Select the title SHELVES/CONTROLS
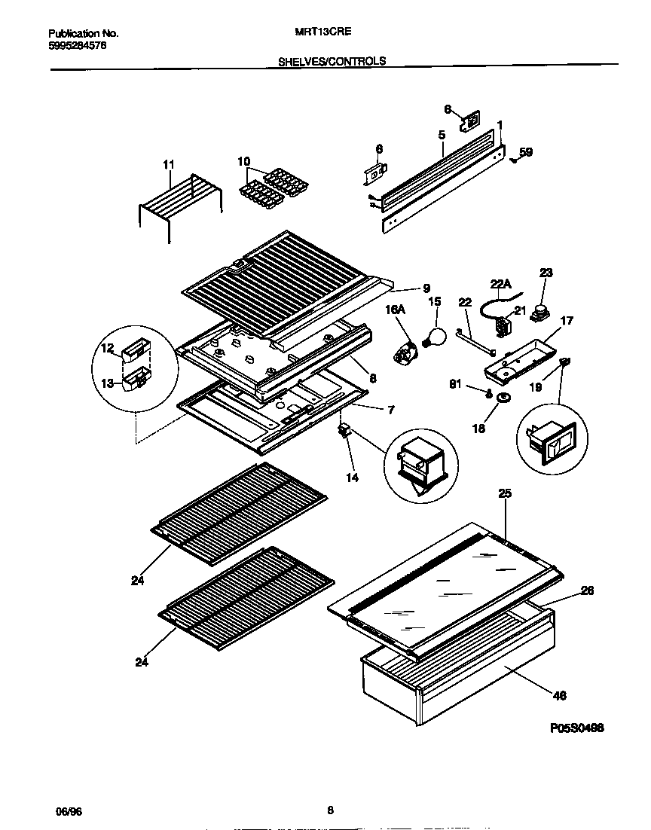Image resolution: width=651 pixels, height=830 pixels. click(x=332, y=62)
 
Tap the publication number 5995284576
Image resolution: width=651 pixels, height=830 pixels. click(x=78, y=45)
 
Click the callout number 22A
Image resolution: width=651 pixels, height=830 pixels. click(x=501, y=283)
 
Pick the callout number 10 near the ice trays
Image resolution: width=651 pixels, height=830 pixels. click(x=243, y=161)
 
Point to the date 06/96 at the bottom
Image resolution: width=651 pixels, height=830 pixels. click(x=68, y=810)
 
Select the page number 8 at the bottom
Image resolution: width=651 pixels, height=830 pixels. click(x=330, y=810)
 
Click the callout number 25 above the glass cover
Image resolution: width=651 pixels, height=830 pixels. click(x=505, y=493)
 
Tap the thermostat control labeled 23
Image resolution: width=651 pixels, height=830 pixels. click(x=540, y=310)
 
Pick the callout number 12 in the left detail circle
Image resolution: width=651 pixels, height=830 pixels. click(x=107, y=348)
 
